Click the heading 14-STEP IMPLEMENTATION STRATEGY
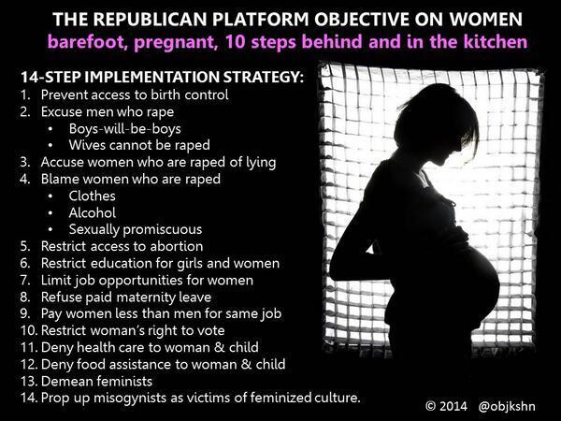point(162,77)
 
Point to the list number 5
point(24,246)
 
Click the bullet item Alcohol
point(93,212)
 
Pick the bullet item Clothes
point(92,196)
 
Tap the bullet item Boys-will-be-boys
point(125,128)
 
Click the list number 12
point(29,365)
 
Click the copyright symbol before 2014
point(430,406)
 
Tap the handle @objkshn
point(507,406)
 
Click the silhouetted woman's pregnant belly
point(462,283)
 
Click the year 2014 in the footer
point(453,406)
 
